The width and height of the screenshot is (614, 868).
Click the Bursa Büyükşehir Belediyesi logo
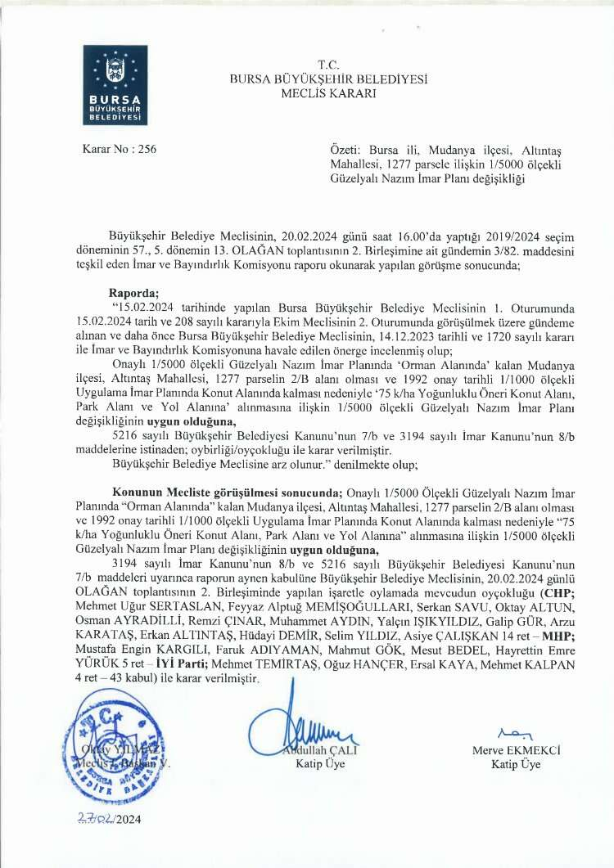115,85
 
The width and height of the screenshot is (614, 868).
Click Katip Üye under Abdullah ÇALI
320,764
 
